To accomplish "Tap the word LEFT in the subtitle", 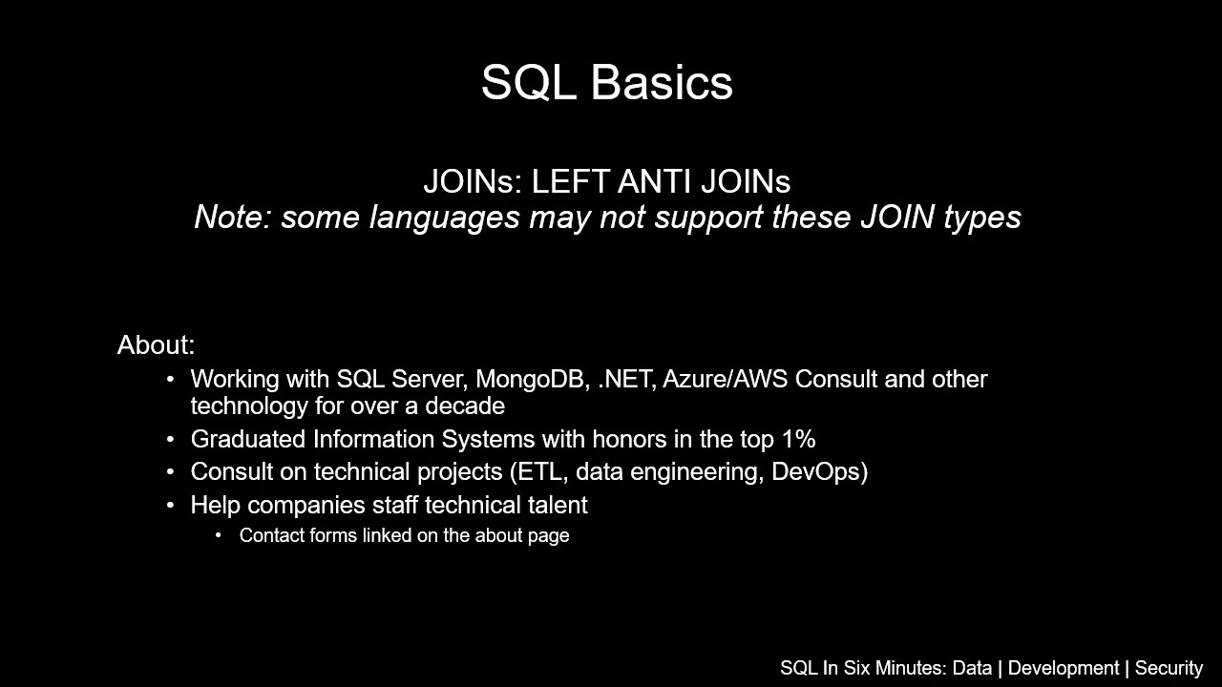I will (x=570, y=182).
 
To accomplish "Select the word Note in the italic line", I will (x=232, y=218).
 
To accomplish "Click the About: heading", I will (x=156, y=345).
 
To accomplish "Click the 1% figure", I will (x=798, y=440).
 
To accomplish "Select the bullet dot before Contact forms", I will (x=219, y=535).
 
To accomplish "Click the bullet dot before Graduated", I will (x=170, y=440).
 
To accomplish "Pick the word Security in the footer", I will (x=1169, y=669).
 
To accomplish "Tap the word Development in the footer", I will (x=1063, y=669).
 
